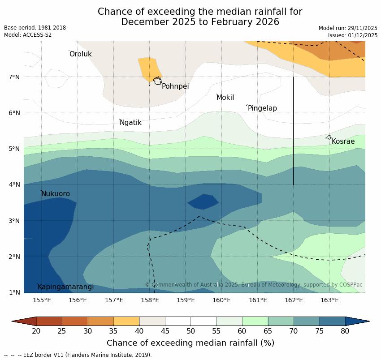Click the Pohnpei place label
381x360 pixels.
click(175, 86)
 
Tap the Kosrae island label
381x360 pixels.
click(343, 141)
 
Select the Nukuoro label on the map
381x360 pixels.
click(56, 194)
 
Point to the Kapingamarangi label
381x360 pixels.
click(66, 287)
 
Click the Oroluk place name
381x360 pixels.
click(81, 54)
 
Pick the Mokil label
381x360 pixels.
click(225, 98)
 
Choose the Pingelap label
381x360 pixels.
click(262, 108)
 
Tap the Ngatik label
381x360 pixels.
click(130, 123)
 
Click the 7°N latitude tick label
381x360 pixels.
click(14, 77)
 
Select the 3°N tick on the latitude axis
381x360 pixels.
click(14, 221)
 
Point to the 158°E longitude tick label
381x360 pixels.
click(150, 300)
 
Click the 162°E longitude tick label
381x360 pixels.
click(294, 300)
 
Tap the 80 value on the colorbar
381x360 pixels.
click(345, 331)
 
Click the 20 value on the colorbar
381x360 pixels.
click(36, 331)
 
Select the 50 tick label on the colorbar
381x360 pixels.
click(191, 331)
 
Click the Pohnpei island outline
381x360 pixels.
click(157, 81)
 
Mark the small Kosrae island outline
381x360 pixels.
click(329, 137)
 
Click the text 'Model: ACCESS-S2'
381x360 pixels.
click(28, 35)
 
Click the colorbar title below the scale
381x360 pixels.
click(190, 343)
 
